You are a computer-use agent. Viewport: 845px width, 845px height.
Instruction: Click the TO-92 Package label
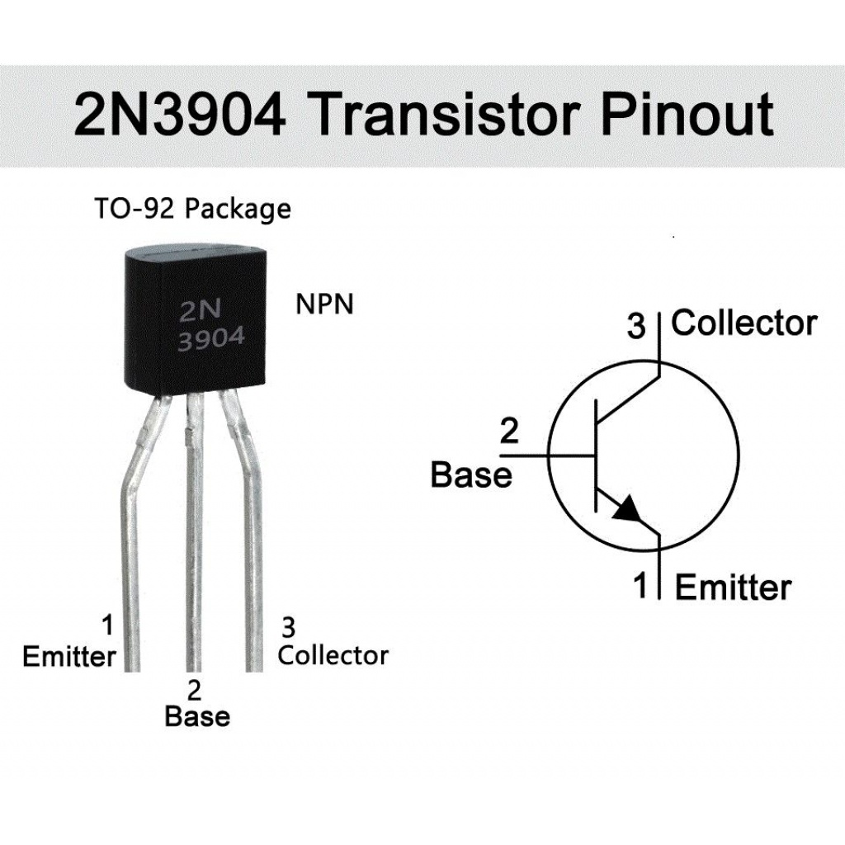pos(191,209)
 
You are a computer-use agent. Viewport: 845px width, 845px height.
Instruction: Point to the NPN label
pos(324,304)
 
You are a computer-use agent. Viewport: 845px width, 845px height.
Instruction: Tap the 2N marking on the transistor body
pos(201,311)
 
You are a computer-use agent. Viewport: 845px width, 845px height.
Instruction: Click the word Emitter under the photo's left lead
pos(69,657)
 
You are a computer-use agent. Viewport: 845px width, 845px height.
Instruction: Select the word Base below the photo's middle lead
pos(197,715)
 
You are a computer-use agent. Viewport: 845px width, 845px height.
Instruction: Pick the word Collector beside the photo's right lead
pos(333,655)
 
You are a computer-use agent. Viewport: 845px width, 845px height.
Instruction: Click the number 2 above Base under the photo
pos(195,690)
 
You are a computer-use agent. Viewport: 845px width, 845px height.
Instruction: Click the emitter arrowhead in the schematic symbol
pos(628,508)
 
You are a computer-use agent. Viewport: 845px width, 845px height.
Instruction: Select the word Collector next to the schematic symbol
pos(744,323)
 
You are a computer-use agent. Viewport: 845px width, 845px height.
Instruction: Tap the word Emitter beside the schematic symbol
pos(733,588)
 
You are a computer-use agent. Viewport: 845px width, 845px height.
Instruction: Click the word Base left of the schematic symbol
pos(471,475)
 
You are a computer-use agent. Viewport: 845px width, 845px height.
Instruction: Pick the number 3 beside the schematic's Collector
pos(635,326)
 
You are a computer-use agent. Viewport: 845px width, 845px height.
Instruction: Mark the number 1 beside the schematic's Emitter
pos(640,587)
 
